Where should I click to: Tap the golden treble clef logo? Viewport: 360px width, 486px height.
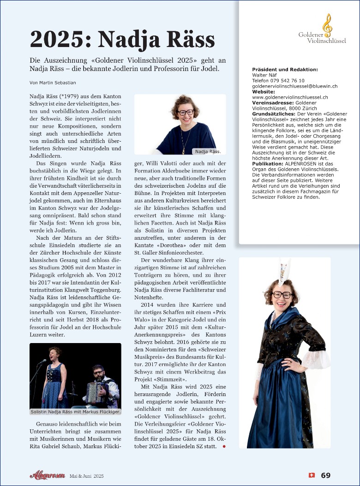click(x=327, y=25)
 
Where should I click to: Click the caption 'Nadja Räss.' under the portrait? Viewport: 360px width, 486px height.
click(x=208, y=151)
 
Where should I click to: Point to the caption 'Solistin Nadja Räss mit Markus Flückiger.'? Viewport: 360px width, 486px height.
click(x=75, y=411)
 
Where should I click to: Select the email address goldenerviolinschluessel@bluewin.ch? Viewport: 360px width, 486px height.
click(x=294, y=86)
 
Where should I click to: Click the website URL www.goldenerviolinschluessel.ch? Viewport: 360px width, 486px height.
click(x=290, y=97)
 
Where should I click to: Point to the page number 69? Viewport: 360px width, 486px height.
click(x=325, y=475)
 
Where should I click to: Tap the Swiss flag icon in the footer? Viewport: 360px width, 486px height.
click(x=312, y=475)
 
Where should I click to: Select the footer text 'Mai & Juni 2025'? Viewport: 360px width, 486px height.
click(x=87, y=476)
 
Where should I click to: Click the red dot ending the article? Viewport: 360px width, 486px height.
click(x=224, y=446)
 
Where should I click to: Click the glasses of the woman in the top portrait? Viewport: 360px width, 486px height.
click(x=186, y=112)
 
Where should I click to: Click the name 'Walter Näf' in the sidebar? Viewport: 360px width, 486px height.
click(x=264, y=75)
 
